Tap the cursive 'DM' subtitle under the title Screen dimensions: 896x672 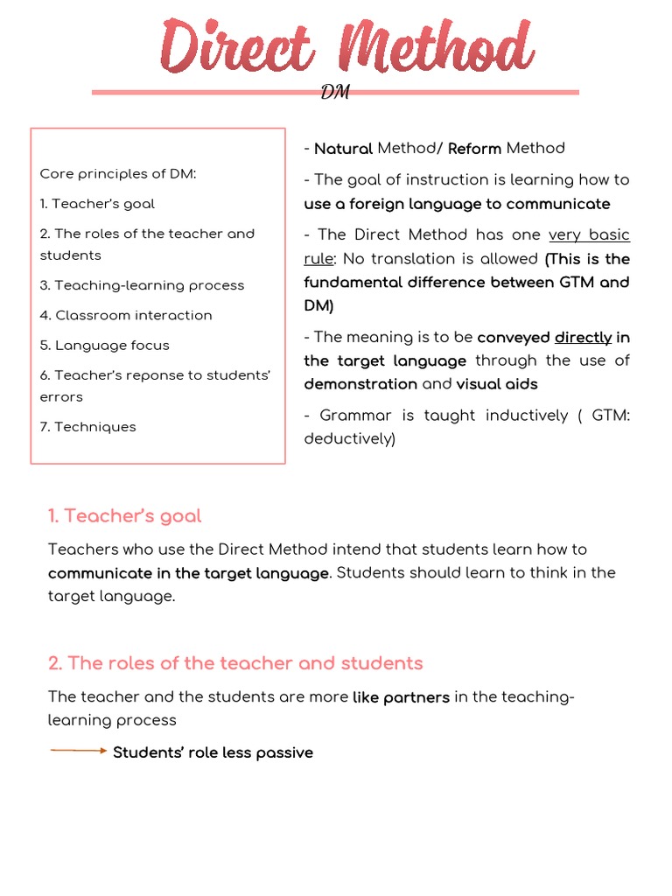click(335, 93)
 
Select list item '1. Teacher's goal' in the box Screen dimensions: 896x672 click(97, 204)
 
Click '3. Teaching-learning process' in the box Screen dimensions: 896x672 click(142, 285)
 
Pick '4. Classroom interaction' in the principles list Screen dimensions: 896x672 click(126, 315)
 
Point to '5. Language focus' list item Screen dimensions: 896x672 click(104, 345)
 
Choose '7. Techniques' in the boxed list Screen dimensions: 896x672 click(87, 427)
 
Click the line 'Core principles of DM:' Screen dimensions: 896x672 click(118, 173)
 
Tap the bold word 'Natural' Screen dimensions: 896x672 click(343, 149)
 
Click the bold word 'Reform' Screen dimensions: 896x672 click(474, 149)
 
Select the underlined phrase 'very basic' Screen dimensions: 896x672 click(589, 235)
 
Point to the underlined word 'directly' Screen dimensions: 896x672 click(583, 338)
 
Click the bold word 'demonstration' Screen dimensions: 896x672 click(360, 384)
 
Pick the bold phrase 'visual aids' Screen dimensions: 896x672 click(497, 384)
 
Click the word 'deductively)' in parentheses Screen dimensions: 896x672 click(350, 438)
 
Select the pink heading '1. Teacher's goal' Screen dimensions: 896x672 click(124, 516)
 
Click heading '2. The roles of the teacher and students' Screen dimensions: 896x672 click(235, 663)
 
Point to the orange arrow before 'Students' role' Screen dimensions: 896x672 click(78, 751)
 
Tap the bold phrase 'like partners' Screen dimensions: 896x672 click(401, 697)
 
